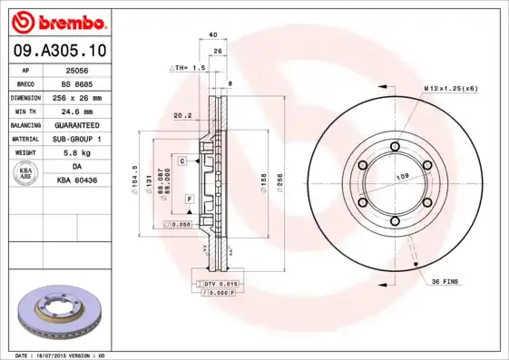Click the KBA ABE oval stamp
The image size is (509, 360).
click(25, 174)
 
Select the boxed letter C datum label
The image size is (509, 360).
click(182, 161)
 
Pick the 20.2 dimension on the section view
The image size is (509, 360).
click(181, 115)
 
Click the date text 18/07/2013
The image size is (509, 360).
click(59, 355)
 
